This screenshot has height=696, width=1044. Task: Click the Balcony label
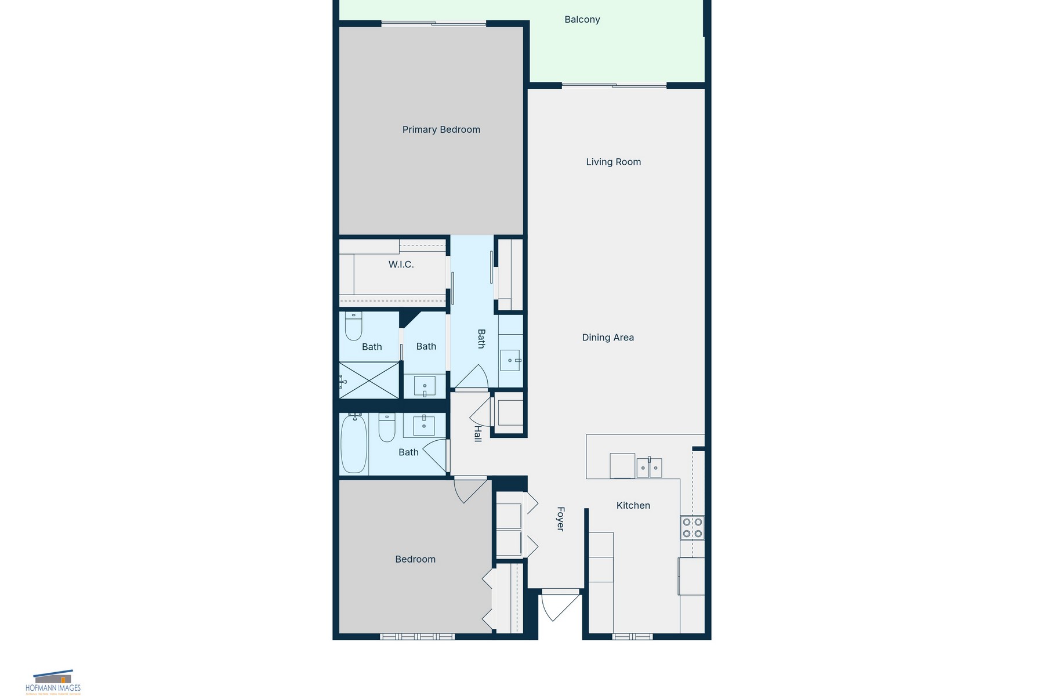tap(582, 20)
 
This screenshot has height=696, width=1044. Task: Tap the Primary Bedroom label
tap(441, 130)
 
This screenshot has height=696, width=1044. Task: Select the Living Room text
tap(613, 162)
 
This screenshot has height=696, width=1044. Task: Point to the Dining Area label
tap(608, 338)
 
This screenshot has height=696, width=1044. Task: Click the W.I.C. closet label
tap(401, 264)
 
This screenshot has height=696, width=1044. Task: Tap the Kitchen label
tap(633, 506)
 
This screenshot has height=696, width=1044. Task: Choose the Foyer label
tap(560, 519)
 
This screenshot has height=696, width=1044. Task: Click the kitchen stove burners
tap(692, 528)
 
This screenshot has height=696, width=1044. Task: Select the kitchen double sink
tap(649, 467)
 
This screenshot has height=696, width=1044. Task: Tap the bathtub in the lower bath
tap(353, 444)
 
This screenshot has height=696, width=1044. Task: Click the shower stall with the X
tap(369, 380)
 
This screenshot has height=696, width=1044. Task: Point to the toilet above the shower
tap(353, 326)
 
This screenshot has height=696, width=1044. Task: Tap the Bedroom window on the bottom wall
tap(417, 636)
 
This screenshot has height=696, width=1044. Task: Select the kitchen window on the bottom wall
tap(632, 636)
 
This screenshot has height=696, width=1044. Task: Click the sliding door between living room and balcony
tap(614, 86)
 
